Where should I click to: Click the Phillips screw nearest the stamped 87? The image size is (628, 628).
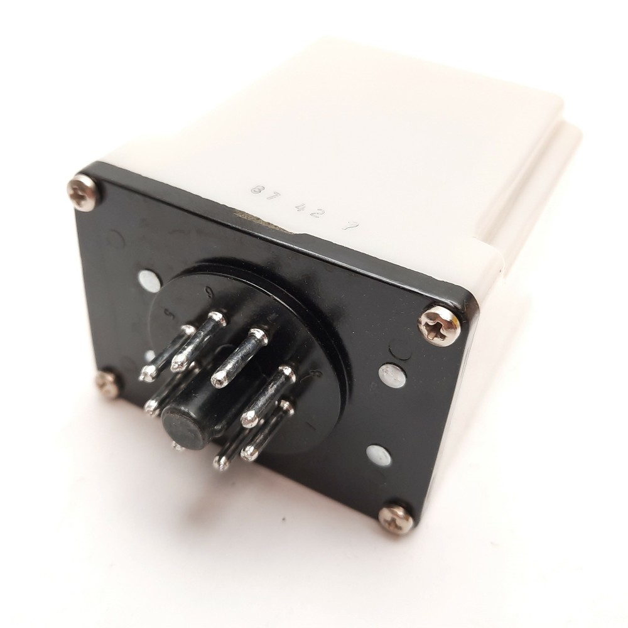click(x=84, y=192)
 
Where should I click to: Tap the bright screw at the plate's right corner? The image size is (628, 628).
click(x=440, y=324)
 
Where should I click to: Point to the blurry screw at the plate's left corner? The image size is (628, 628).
click(x=107, y=384)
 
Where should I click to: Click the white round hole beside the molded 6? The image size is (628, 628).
click(x=149, y=281)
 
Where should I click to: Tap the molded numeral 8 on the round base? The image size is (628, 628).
click(x=316, y=375)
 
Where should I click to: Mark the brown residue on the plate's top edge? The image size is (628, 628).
click(x=251, y=217)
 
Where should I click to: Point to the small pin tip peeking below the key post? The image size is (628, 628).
click(x=178, y=447)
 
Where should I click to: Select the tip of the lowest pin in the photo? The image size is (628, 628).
click(x=220, y=463)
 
